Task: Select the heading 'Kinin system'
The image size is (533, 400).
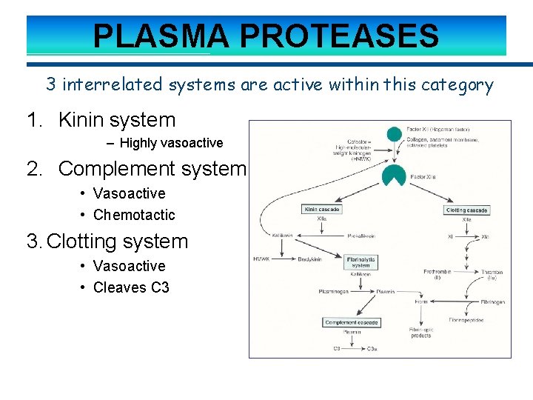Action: (116, 120)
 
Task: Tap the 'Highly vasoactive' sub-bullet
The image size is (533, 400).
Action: (171, 143)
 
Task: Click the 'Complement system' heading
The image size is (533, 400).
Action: (151, 169)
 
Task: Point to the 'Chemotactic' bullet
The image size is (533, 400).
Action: (134, 215)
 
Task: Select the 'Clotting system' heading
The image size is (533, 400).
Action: (118, 241)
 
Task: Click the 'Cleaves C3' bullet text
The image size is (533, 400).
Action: (131, 287)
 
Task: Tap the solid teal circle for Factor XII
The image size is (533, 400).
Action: (395, 134)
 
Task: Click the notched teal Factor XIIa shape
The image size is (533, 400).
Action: (394, 176)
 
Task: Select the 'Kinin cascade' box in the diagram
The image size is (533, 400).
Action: (322, 210)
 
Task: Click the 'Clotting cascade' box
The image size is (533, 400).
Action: (467, 210)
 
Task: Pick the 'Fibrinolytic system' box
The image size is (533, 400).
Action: (361, 262)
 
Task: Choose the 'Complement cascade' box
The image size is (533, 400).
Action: (352, 322)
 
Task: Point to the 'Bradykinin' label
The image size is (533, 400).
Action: (312, 259)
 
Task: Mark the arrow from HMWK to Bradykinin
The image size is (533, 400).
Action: (284, 259)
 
